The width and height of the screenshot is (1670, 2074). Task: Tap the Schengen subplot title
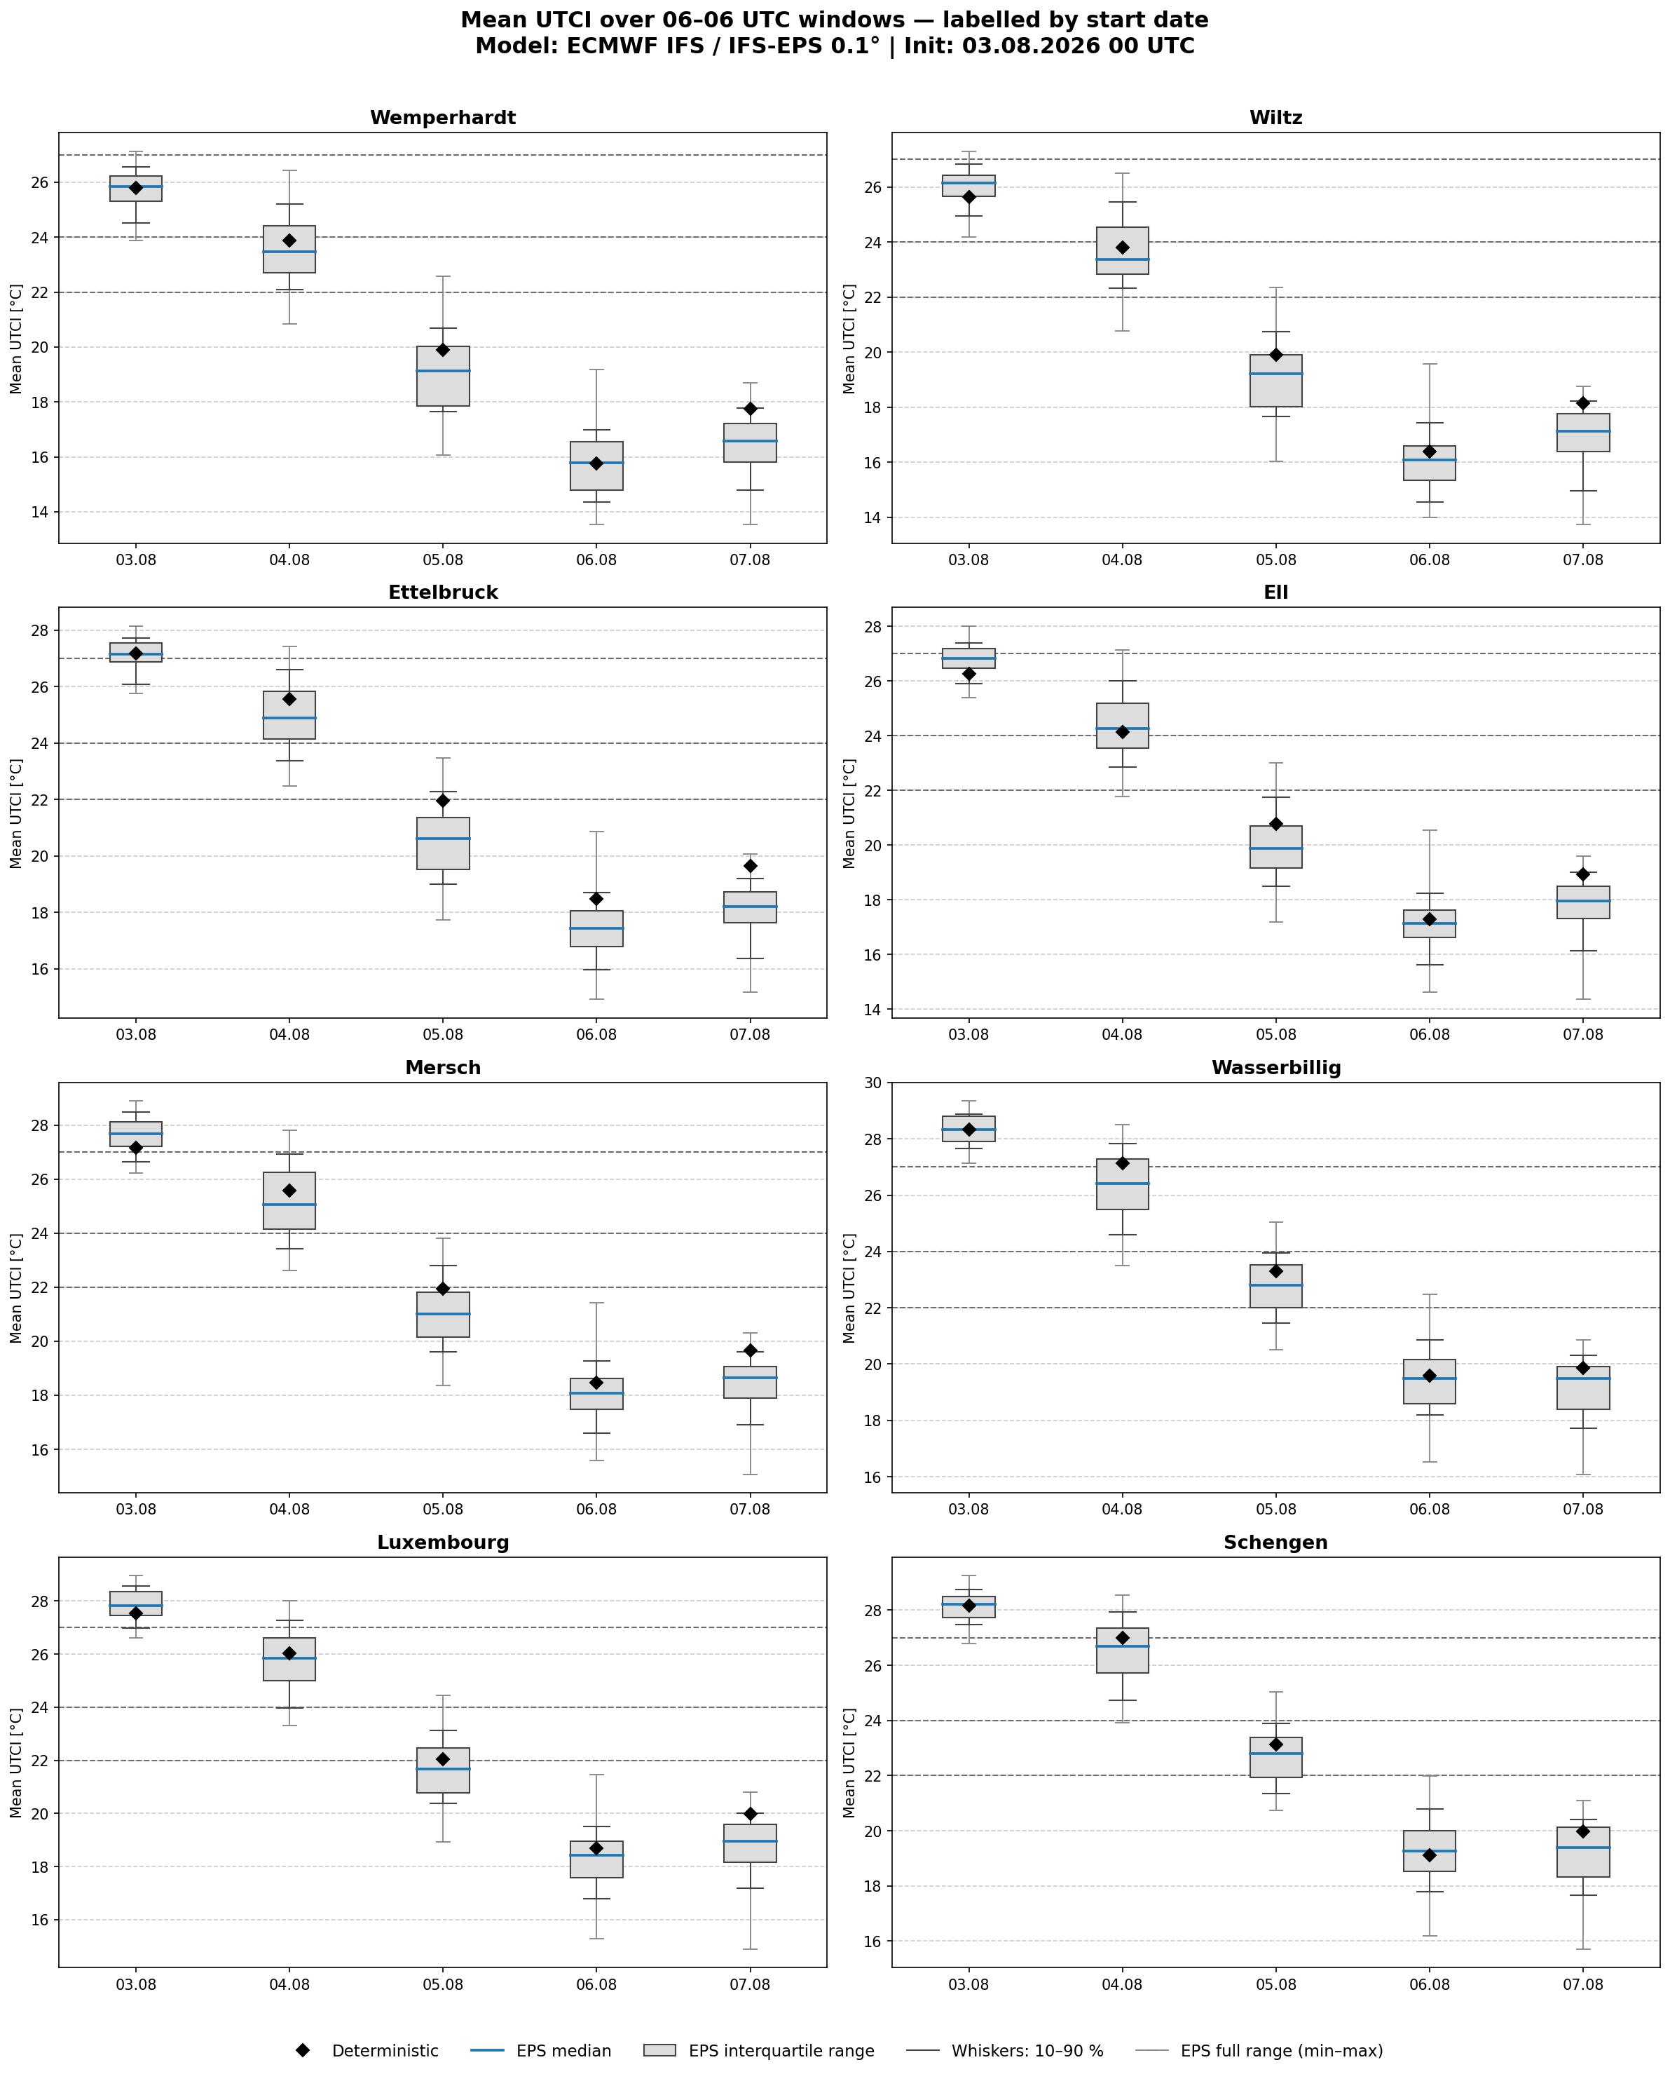point(1275,1542)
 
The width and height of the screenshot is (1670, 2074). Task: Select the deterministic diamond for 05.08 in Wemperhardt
point(442,349)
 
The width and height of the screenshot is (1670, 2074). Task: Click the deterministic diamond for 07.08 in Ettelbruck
point(751,865)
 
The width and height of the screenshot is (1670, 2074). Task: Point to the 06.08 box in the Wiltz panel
point(1430,463)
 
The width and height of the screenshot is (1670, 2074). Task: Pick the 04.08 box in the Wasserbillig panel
point(1122,1184)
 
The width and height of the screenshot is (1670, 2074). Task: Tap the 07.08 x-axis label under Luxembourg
point(751,1984)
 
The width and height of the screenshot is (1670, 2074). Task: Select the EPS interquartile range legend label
point(781,2050)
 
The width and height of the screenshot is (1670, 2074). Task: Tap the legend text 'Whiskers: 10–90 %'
point(1027,2050)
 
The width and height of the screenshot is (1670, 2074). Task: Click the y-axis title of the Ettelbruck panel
point(16,813)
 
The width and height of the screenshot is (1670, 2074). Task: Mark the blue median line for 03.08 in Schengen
point(968,1604)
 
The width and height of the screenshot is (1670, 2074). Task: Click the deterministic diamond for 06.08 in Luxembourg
point(596,1848)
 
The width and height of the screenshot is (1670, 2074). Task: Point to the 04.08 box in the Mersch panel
point(289,1200)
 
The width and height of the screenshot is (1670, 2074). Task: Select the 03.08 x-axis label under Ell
point(968,1035)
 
